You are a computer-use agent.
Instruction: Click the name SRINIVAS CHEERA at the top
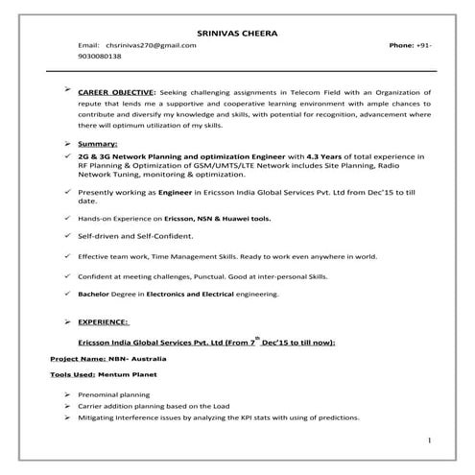point(238,34)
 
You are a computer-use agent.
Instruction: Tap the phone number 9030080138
point(105,58)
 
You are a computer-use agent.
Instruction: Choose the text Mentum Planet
point(131,373)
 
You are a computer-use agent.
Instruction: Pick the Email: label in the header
point(89,46)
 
